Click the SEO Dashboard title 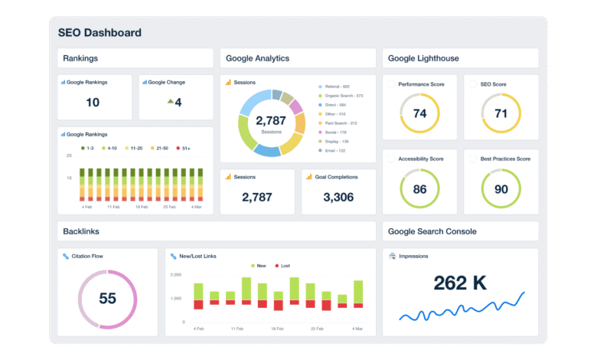(x=99, y=33)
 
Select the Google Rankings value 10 (x=93, y=103)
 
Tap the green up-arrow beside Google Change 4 (x=170, y=101)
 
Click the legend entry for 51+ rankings (x=184, y=147)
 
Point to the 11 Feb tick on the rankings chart (x=114, y=207)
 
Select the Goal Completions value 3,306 (x=338, y=198)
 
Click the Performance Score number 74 (x=419, y=113)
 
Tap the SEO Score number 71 (x=501, y=113)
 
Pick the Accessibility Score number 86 (x=419, y=188)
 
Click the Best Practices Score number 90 (x=501, y=188)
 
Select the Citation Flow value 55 (x=107, y=299)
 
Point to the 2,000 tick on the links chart (x=176, y=274)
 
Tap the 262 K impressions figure (x=459, y=283)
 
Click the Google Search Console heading (x=432, y=231)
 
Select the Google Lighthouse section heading (x=423, y=58)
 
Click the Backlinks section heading (x=81, y=231)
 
